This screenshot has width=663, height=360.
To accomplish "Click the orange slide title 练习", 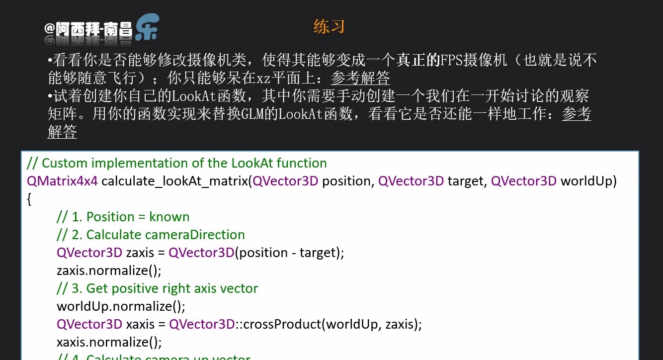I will pos(329,26).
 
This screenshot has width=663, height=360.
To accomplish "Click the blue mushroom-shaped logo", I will pos(147,26).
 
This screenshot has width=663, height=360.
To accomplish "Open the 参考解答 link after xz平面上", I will pos(360,78).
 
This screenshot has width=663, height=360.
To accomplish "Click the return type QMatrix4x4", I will pos(62,181).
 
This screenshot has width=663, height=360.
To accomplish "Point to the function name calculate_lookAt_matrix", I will pos(174,181).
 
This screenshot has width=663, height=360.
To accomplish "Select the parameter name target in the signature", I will pos(465,181).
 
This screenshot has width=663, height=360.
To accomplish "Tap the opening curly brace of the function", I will pos(29,199).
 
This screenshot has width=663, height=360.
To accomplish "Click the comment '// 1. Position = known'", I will pos(123,217).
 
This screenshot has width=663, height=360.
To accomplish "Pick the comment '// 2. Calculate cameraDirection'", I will pos(151,235).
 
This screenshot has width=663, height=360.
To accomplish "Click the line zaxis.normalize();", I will pos(109,270).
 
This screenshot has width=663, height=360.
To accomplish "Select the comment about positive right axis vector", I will pos(157,288).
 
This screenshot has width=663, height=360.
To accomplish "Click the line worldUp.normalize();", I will pos(121,306).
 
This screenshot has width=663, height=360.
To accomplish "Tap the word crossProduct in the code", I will pos(282,324).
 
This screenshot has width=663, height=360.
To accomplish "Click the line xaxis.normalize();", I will pos(109,342).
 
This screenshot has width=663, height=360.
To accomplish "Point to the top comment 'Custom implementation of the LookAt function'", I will pos(176,163).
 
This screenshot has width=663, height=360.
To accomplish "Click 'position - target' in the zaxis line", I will pos(287,253).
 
